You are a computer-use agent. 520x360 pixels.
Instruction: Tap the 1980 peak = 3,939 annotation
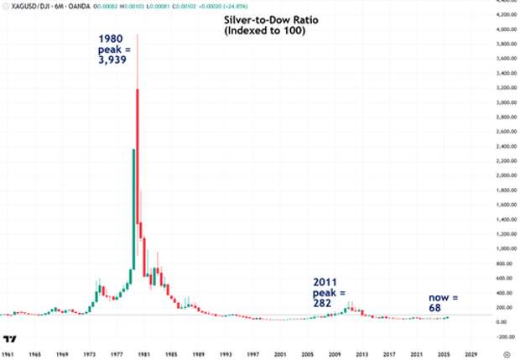[x=113, y=49]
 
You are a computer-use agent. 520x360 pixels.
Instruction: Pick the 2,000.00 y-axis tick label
[x=502, y=175]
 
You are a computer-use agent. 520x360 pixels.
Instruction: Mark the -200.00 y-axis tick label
[x=502, y=336]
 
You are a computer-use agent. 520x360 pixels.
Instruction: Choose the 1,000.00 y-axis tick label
[x=502, y=248]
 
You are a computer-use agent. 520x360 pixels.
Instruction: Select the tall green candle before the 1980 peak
[x=133, y=210]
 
